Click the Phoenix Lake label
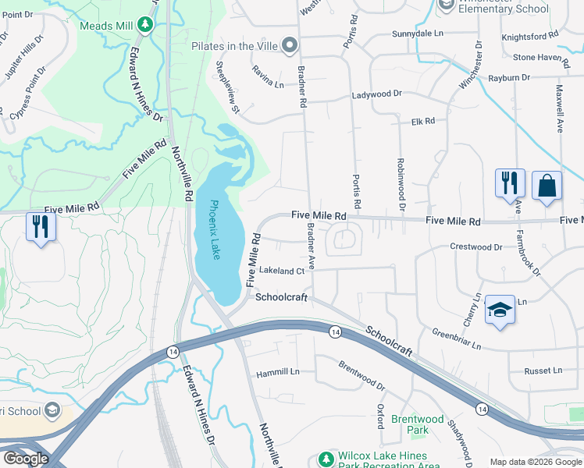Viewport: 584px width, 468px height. [x=215, y=230]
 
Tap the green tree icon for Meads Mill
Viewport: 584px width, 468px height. [x=144, y=26]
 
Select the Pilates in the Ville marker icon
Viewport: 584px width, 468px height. [x=290, y=45]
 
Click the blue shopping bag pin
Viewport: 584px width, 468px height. [x=547, y=186]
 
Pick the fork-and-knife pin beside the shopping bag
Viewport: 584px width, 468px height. [x=509, y=183]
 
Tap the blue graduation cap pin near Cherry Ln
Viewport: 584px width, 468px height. [x=499, y=310]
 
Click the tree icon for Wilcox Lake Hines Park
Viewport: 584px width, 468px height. [x=327, y=456]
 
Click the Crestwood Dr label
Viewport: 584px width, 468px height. [x=475, y=246]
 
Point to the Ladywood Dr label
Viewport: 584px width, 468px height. [x=376, y=94]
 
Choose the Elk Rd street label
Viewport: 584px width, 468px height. [x=422, y=122]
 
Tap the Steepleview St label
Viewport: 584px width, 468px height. [x=226, y=86]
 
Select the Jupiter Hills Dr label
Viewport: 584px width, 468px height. [x=20, y=66]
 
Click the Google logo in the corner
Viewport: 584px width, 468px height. [x=27, y=458]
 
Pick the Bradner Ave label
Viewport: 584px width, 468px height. [x=311, y=246]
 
